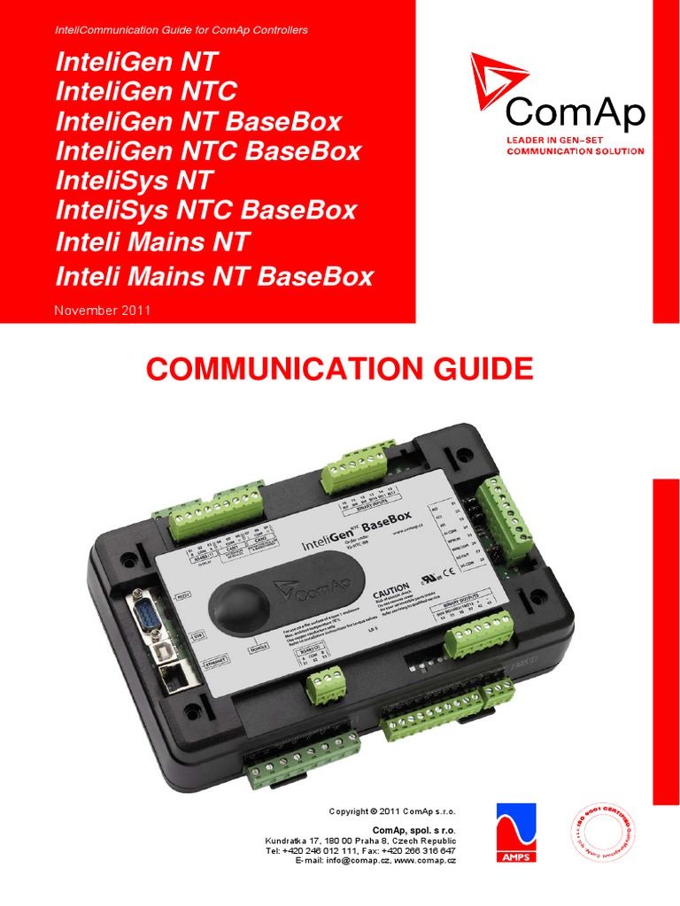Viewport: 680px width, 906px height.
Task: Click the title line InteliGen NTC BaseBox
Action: (208, 150)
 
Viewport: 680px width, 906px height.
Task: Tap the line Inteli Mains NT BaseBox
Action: (214, 276)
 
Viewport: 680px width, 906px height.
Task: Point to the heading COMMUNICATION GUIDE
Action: (339, 367)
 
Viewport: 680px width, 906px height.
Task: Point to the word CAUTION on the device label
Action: (391, 587)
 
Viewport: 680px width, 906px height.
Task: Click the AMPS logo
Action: (515, 833)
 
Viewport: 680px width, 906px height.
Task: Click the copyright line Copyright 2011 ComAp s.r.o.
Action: (391, 811)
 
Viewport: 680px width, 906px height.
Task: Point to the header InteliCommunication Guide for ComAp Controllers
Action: (182, 30)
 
